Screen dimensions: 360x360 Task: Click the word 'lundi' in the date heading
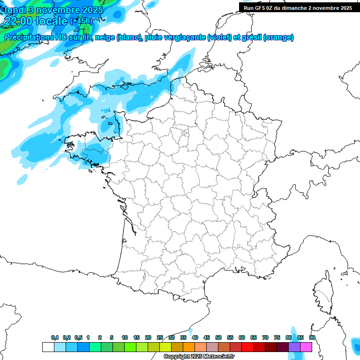pyautogui.click(x=15, y=9)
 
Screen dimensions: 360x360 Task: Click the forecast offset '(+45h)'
pyautogui.click(x=81, y=21)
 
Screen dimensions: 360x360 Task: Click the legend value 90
pyautogui.click(x=312, y=337)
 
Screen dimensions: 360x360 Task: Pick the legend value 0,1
pyautogui.click(x=55, y=337)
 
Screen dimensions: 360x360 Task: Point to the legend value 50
pyautogui.click(x=218, y=337)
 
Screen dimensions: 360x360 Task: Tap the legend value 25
pyautogui.click(x=160, y=337)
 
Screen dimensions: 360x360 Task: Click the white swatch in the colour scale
pyautogui.click(x=48, y=347)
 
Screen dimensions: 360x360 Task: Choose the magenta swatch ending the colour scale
pyautogui.click(x=306, y=347)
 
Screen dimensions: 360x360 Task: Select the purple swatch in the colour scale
pyautogui.click(x=294, y=347)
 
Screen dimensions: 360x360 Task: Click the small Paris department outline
pyautogui.click(x=185, y=133)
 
